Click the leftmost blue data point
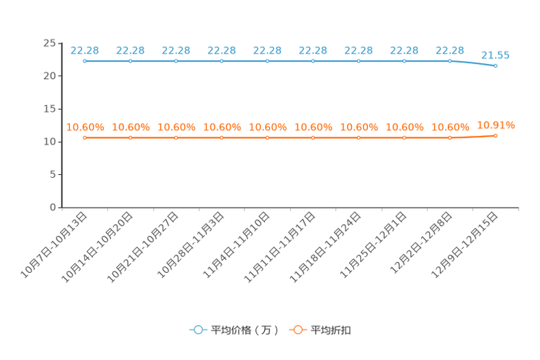(85, 62)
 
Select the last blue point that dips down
(496, 66)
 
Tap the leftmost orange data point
(85, 137)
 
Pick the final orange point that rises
(496, 135)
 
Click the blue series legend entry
(232, 330)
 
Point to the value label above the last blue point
(496, 54)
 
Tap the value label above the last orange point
(496, 125)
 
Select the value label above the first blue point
(85, 50)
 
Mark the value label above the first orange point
(85, 127)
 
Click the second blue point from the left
(131, 62)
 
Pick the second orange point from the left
(131, 137)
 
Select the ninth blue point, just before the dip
(450, 62)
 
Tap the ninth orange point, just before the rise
(450, 137)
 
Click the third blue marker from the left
(176, 62)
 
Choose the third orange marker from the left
(176, 137)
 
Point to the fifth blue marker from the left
(268, 62)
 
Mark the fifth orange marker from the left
(268, 137)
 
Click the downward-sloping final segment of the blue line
(472, 64)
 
